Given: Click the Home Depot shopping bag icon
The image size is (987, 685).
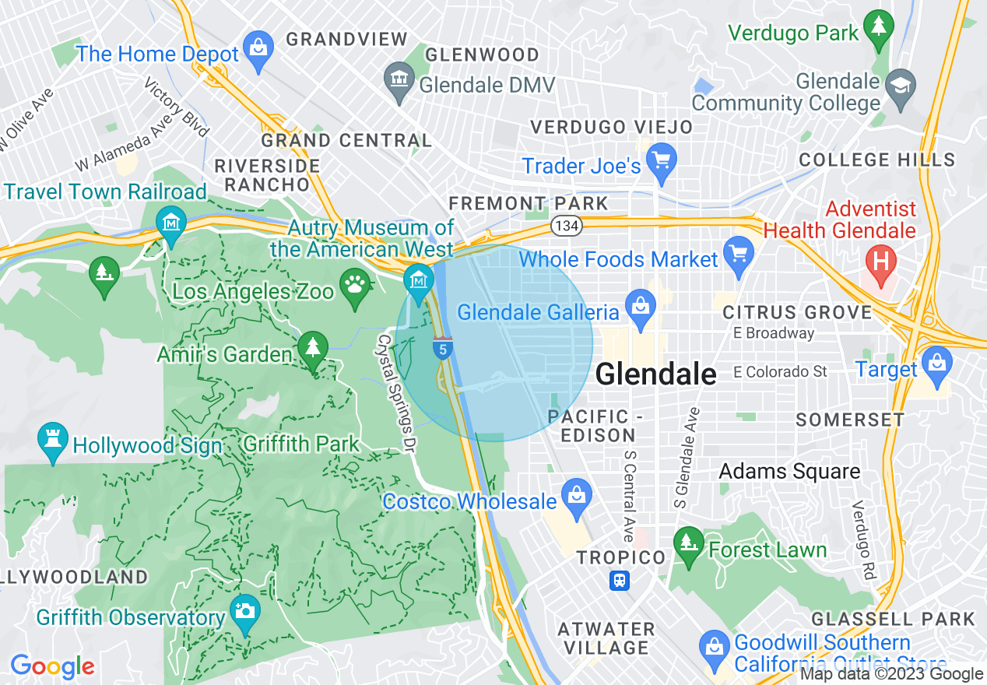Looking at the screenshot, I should coord(258,47).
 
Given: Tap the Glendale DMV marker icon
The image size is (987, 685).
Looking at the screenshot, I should coord(399,79).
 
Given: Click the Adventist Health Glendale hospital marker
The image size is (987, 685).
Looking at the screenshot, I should coord(881,260).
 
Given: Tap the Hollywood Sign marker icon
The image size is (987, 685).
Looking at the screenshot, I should coord(52,441).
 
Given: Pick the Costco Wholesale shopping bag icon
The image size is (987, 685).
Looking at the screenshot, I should coord(577,496).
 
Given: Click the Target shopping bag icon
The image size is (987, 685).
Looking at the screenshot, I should coord(936,364).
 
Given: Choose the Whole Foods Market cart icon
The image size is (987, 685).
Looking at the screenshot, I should coord(738,254).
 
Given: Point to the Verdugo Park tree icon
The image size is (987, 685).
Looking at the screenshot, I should coord(879,26).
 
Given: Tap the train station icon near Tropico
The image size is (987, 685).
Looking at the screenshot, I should coord(620,581).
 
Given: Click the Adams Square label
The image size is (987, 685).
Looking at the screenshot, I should coord(789,471).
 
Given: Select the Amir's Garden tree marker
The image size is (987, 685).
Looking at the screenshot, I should coord(313,348).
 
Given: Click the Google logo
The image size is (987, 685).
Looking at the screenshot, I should coord(52,667).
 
